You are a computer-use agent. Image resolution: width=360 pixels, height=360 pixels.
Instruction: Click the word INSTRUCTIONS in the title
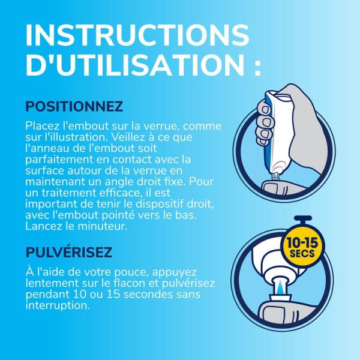pos(137,34)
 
